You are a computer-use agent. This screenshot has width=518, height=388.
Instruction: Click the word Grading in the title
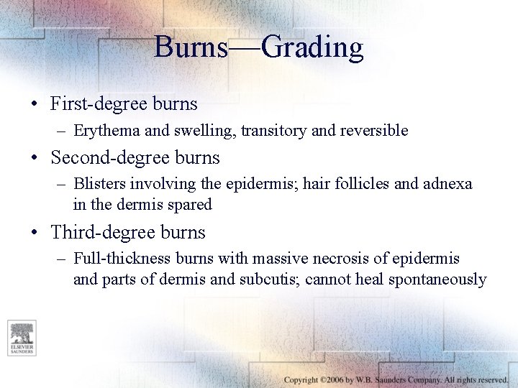point(312,48)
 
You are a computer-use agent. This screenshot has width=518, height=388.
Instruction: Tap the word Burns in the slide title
point(191,48)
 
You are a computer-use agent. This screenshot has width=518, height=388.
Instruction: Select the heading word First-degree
point(99,104)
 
